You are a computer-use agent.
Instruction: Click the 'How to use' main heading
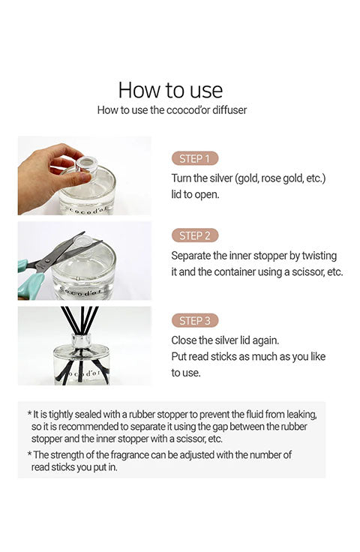(170, 90)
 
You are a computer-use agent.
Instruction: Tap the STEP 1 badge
(194, 158)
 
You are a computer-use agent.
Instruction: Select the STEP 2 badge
(194, 235)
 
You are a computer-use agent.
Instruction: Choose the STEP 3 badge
(194, 321)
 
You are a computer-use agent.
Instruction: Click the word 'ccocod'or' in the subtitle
(188, 109)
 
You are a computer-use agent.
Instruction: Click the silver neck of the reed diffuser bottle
(82, 340)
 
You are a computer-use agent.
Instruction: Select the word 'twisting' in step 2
(319, 256)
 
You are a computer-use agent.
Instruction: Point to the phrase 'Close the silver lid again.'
(225, 340)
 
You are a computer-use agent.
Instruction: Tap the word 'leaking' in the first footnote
(301, 415)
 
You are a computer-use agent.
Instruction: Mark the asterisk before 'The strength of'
(29, 454)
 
